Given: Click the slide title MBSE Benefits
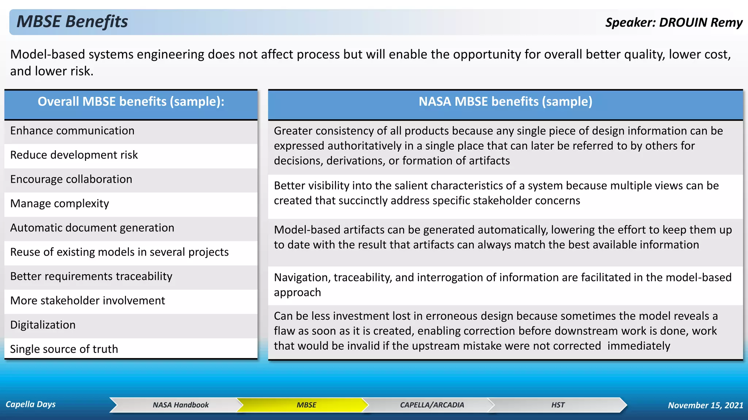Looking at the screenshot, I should [x=72, y=22].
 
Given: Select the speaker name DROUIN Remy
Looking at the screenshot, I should [x=701, y=23].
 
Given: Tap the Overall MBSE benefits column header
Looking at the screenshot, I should [x=131, y=102].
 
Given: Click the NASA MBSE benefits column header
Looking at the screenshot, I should [x=505, y=102].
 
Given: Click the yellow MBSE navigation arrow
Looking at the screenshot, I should [x=306, y=405].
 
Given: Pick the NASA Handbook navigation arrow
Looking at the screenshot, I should [x=180, y=405].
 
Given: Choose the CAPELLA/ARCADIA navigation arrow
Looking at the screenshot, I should [x=432, y=405].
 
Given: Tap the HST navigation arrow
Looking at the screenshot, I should [x=558, y=405].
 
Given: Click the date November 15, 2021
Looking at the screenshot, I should [x=705, y=405].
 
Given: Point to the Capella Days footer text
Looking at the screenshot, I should [x=31, y=404].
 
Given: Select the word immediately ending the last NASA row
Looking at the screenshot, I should [x=639, y=346].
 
